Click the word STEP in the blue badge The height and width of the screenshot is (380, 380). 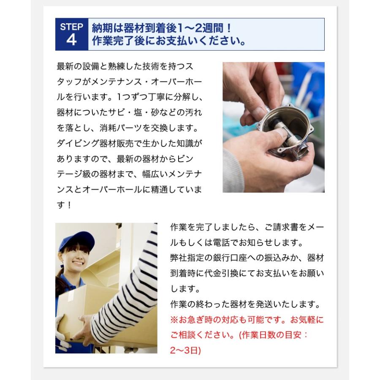pos(71,27)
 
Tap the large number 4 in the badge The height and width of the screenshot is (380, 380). pos(71,40)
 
